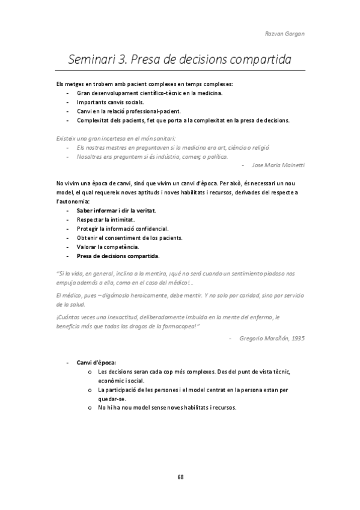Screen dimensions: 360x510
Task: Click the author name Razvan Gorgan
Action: coord(285,34)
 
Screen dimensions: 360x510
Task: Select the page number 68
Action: coord(180,476)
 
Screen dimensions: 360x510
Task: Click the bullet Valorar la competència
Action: coord(108,247)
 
